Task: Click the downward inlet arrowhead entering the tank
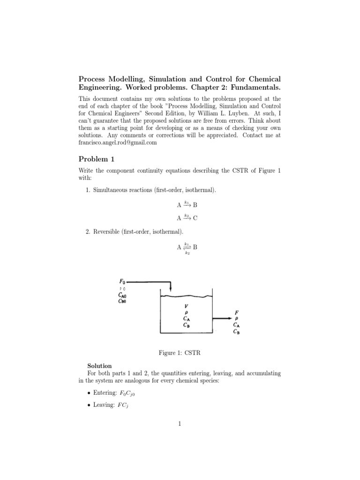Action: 171,290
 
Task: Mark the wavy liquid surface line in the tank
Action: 187,296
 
